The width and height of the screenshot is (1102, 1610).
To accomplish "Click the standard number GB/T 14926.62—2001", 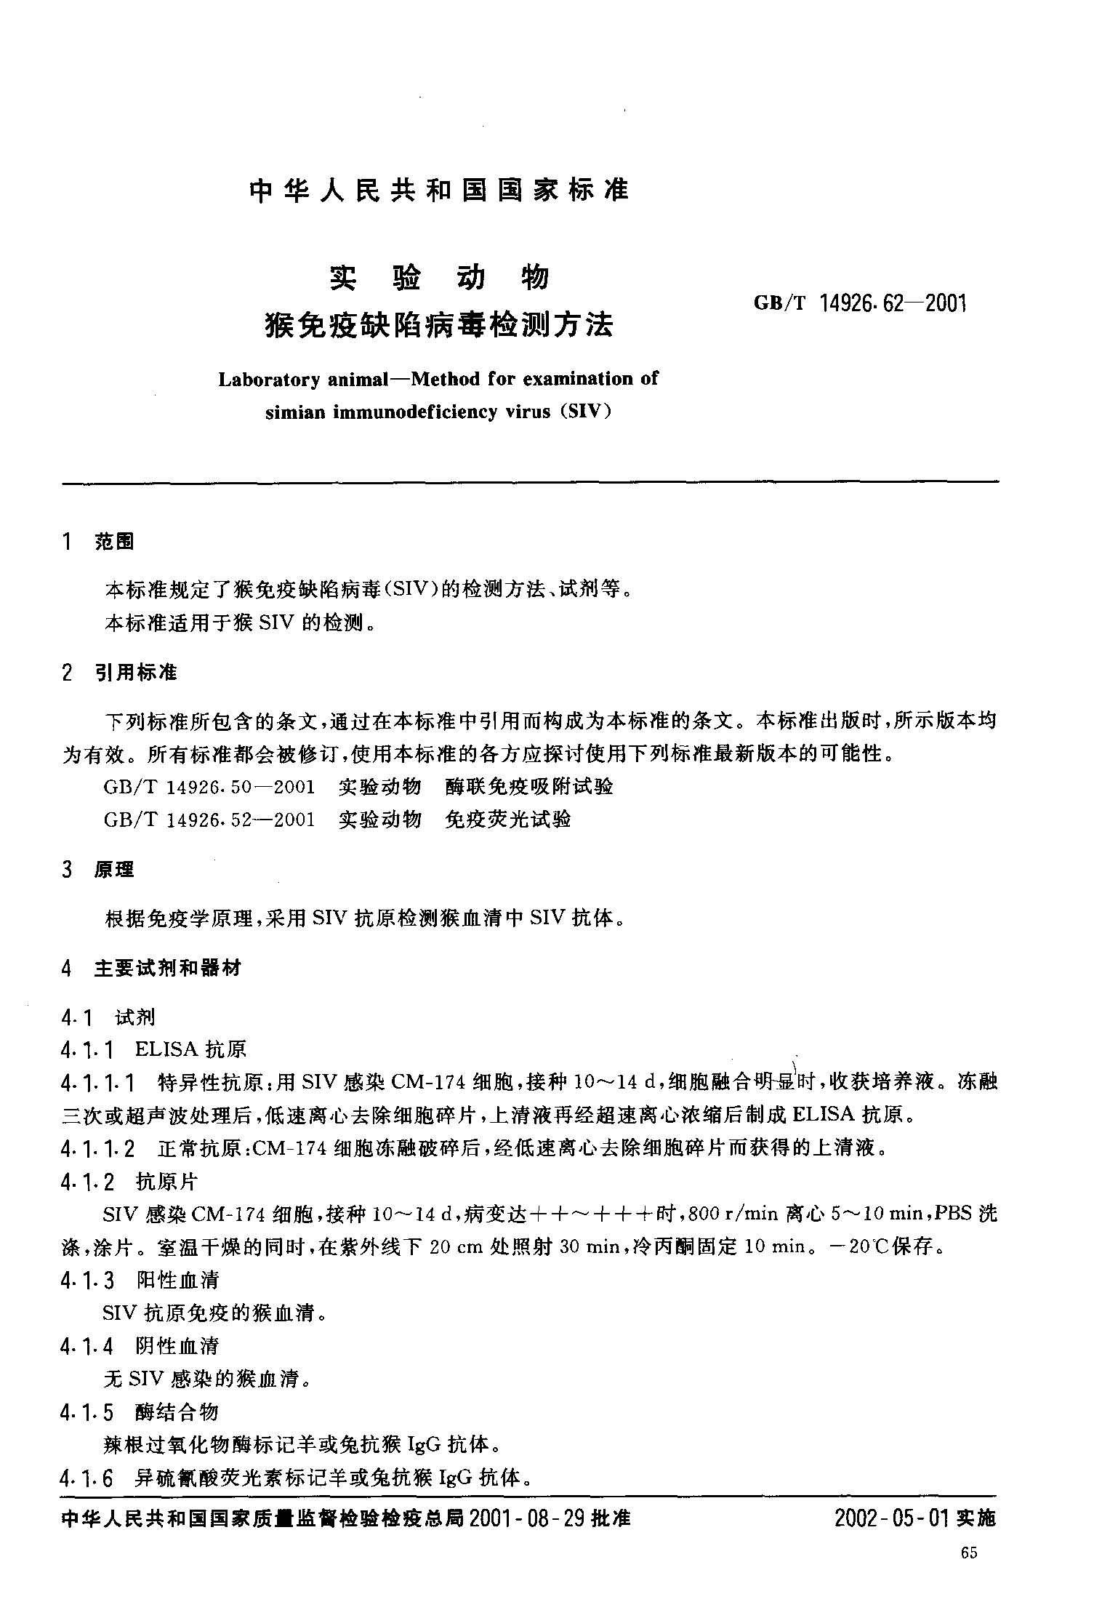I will (860, 303).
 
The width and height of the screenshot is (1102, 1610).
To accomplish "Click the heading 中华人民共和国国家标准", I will (438, 191).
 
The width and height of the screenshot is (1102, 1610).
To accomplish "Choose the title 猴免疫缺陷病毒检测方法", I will (439, 324).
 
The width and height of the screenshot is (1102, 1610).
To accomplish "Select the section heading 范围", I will (114, 542).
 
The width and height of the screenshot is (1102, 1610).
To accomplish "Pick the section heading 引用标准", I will (136, 673).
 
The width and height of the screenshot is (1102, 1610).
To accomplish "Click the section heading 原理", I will (114, 869).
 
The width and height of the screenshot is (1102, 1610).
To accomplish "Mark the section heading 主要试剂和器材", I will (167, 969).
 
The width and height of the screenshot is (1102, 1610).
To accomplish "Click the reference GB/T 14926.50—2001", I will (209, 787).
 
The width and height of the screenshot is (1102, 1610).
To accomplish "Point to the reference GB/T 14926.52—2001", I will (209, 820).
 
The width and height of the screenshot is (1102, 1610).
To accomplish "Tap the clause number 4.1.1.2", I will (98, 1150).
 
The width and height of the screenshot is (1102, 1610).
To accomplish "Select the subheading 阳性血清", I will (177, 1281).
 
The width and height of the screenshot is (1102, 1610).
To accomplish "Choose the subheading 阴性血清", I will (177, 1346).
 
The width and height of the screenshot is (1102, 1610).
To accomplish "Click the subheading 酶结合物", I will (177, 1412).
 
